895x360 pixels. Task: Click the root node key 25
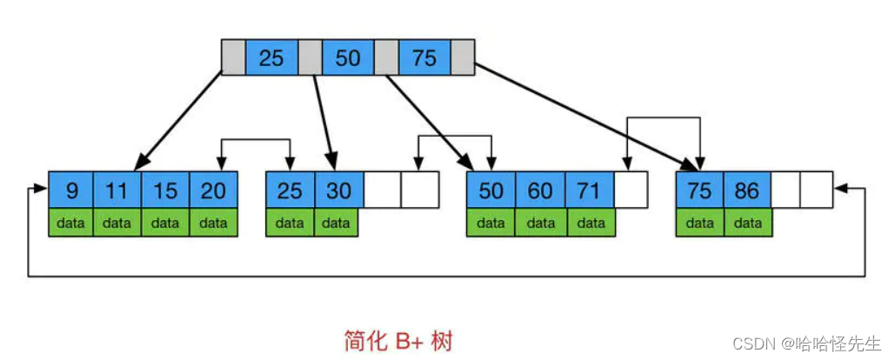pos(271,57)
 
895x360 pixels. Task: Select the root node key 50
pos(348,57)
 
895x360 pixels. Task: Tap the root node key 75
pos(424,57)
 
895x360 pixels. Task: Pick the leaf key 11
pos(117,190)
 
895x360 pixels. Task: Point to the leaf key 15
pos(165,190)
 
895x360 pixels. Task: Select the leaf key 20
pos(213,190)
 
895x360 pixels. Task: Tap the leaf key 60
pos(540,190)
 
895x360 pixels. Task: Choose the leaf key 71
pos(590,190)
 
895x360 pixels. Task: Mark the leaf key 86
pos(747,190)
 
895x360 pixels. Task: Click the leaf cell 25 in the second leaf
pos(290,190)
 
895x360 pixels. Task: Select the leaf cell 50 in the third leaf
pos(491,190)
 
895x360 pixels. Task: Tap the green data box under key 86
pos(747,223)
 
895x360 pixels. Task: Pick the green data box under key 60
pos(540,223)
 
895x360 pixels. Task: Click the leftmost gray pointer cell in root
pos(233,57)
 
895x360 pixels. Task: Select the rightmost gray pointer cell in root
pos(463,57)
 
